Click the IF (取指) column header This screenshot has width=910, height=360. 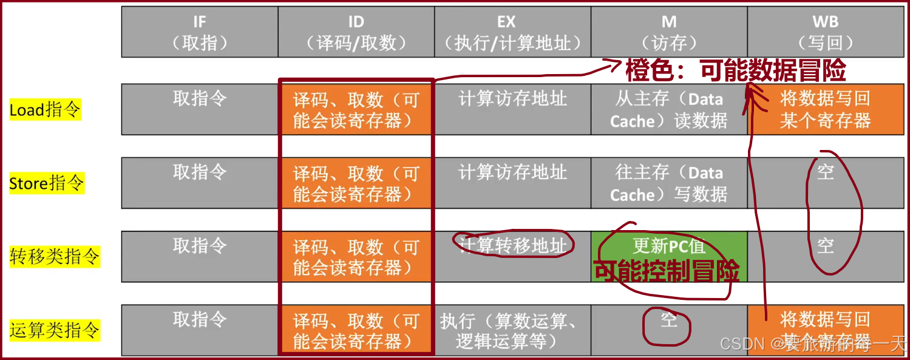[x=200, y=32]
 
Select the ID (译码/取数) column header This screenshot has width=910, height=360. [x=356, y=32]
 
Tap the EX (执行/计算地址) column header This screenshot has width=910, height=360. [x=512, y=32]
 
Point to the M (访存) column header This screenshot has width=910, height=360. [x=669, y=32]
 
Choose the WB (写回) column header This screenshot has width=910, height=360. [x=826, y=32]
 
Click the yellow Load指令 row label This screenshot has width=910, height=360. [x=45, y=110]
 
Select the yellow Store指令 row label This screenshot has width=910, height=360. [x=47, y=183]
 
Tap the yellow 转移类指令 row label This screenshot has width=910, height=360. [x=54, y=256]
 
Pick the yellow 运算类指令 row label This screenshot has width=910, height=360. [x=54, y=330]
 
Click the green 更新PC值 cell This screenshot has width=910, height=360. [x=669, y=246]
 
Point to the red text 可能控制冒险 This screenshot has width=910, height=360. [x=666, y=271]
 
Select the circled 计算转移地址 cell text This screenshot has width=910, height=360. [x=512, y=245]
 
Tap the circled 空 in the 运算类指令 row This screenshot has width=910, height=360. [x=668, y=319]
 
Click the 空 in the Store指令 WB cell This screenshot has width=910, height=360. [x=825, y=172]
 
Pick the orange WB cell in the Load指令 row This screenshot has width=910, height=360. [x=826, y=109]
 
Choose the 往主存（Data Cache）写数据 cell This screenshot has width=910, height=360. [x=669, y=183]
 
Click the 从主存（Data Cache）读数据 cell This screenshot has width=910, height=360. [x=669, y=109]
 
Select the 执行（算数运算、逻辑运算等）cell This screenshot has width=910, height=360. [x=512, y=330]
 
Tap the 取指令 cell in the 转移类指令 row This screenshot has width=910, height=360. [x=200, y=246]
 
